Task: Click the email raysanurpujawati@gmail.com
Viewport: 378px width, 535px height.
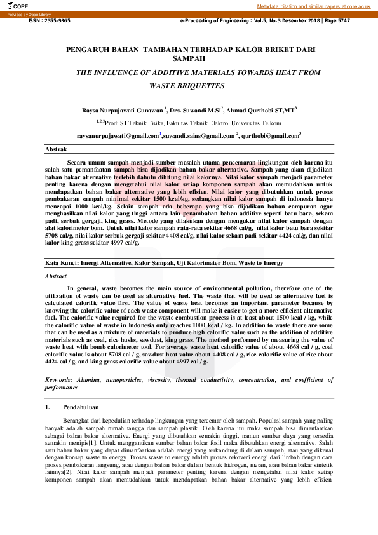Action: (x=118, y=135)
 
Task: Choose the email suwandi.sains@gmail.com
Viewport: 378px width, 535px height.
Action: (x=199, y=135)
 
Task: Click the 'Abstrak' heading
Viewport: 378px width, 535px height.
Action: (x=56, y=149)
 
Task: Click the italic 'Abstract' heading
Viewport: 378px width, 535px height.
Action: (x=55, y=277)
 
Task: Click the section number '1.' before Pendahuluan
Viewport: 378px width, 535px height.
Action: (x=47, y=406)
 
